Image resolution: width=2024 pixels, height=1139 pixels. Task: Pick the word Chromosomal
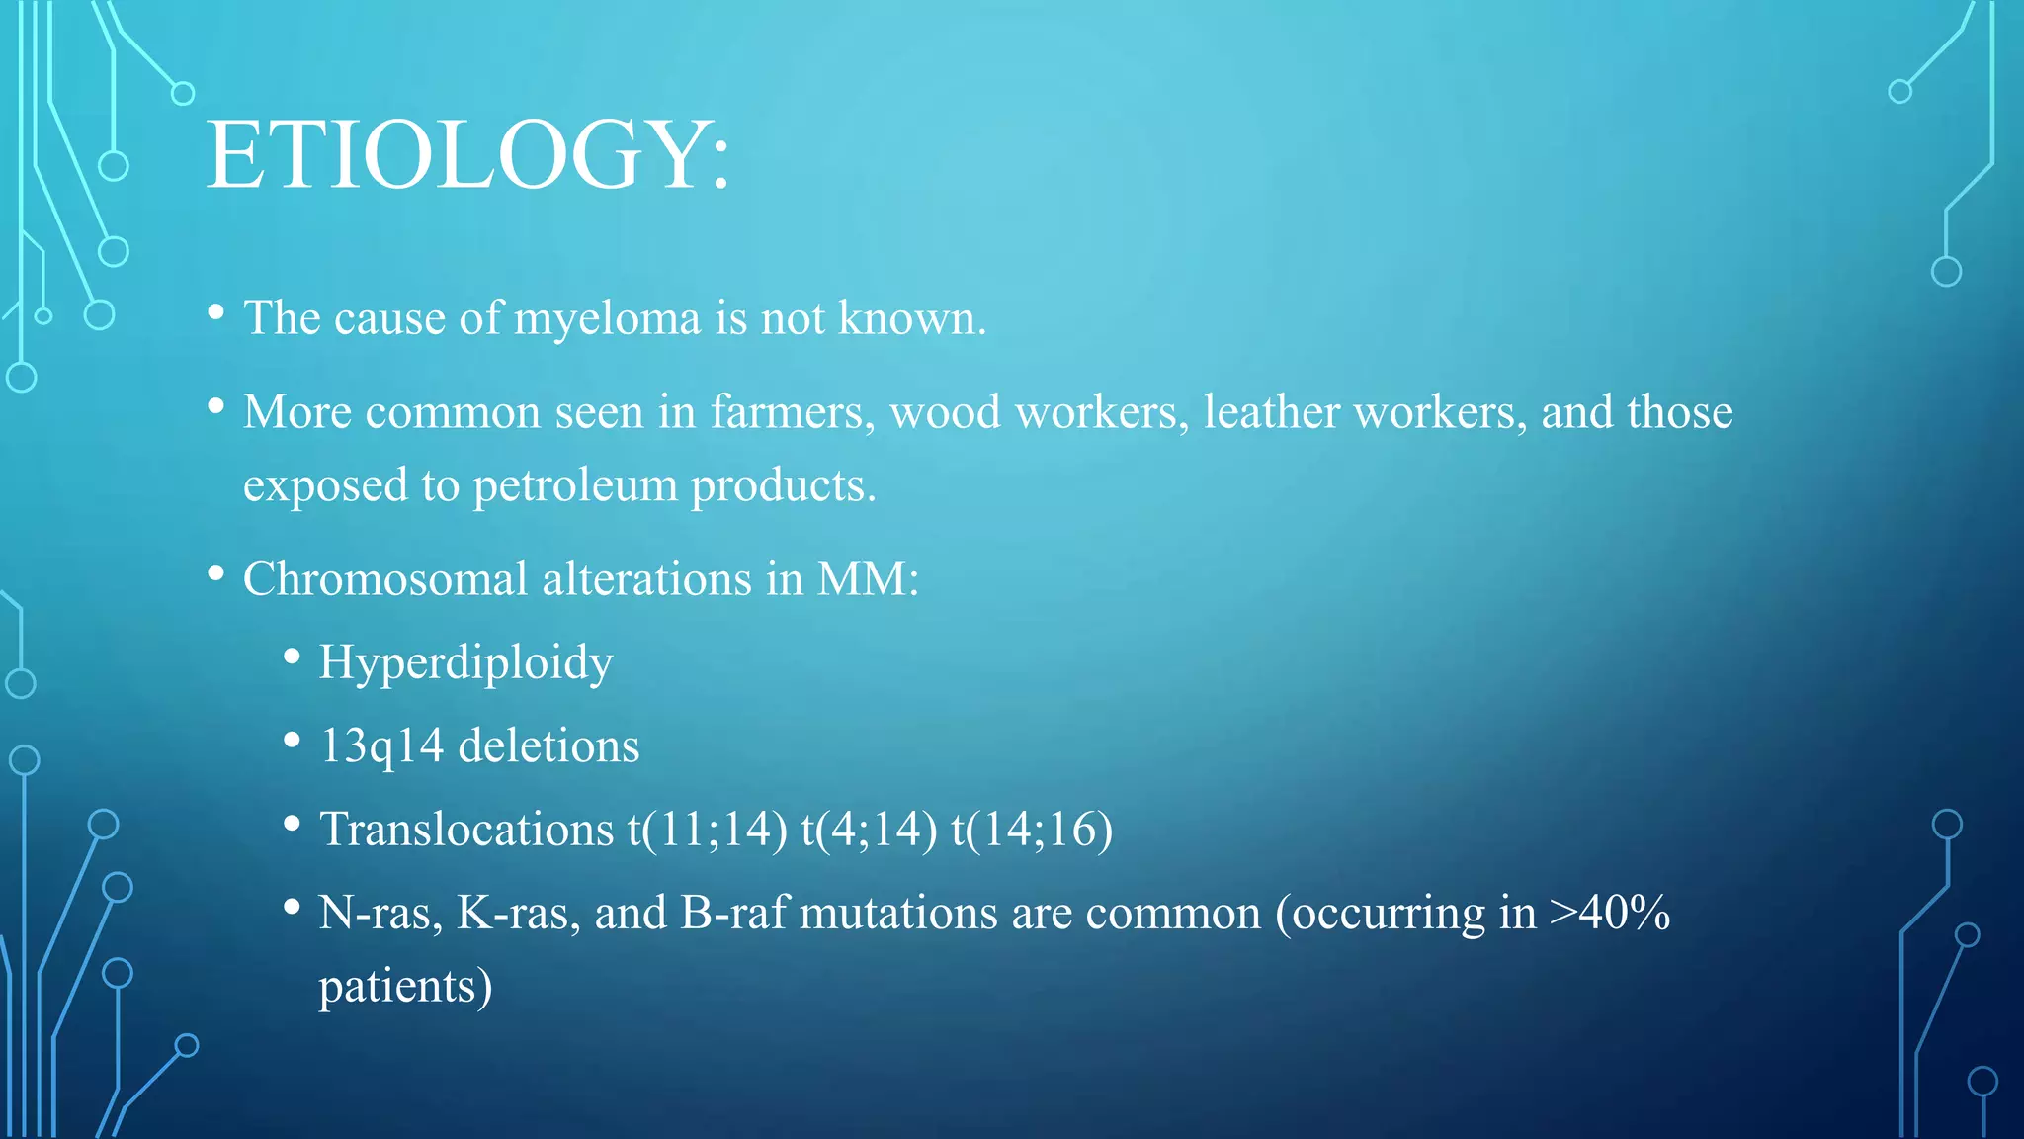[x=385, y=579]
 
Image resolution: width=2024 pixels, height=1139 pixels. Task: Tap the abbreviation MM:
[x=868, y=579]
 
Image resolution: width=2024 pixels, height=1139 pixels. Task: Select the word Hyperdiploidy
[x=465, y=663]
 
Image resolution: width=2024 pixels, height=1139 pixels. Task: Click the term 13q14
[x=381, y=746]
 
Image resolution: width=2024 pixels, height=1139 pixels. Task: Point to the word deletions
[x=549, y=746]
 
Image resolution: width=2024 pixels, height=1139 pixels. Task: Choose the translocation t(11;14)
[x=708, y=830]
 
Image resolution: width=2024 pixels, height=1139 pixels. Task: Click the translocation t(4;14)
[x=869, y=830]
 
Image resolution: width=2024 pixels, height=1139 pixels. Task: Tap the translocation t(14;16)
[x=1032, y=830]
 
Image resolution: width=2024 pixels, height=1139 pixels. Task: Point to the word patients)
[x=405, y=987]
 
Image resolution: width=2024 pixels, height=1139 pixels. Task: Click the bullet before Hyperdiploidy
[x=292, y=657]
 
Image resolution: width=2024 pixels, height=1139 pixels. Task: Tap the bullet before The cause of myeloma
[x=216, y=313]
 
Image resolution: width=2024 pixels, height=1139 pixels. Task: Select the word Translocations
[x=466, y=830]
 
